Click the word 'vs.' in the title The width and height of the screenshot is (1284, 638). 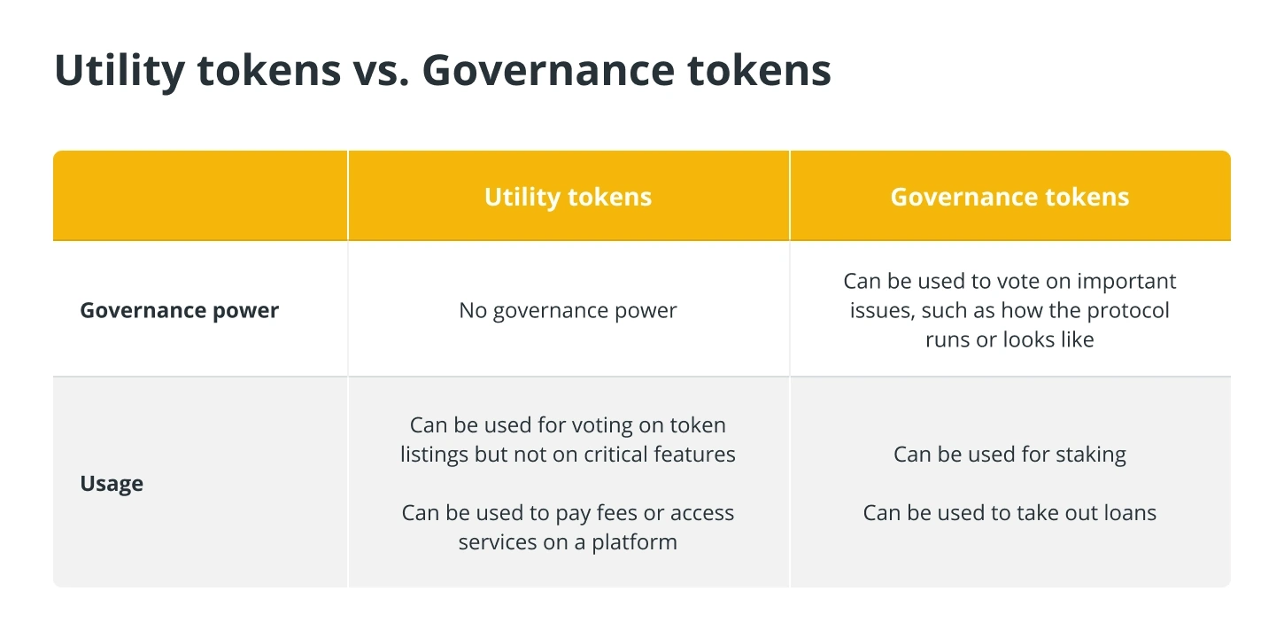[x=381, y=71]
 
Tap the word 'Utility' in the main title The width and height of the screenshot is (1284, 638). [x=120, y=71]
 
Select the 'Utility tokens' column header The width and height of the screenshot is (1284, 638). [x=568, y=197]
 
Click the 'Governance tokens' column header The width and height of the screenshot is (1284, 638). [x=1009, y=197]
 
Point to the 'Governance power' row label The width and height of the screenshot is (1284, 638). [x=180, y=310]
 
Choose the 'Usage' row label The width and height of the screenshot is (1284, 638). [x=112, y=484]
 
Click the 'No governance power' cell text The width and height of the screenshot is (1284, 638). [x=568, y=310]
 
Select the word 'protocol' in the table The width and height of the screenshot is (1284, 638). [x=1127, y=310]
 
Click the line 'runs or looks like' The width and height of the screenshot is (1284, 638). [x=1009, y=339]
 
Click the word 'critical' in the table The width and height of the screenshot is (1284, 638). [x=615, y=455]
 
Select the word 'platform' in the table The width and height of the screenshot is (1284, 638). [x=634, y=543]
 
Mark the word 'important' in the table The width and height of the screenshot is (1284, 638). [x=1126, y=282]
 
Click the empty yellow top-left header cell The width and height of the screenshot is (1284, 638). [x=200, y=196]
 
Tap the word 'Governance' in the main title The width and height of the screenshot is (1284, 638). [x=548, y=71]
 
